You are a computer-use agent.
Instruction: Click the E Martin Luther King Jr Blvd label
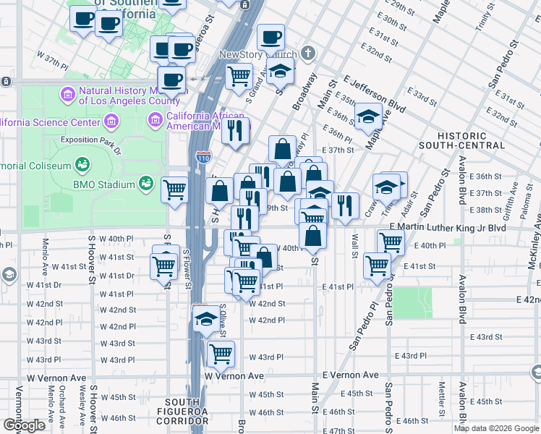[x=446, y=227]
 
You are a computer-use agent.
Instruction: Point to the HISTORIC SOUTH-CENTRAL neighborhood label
[x=462, y=140]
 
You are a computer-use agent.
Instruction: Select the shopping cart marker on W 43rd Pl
[x=221, y=353]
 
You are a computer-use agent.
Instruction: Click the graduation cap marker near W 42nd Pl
[x=206, y=317]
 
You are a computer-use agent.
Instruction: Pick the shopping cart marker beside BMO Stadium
[x=175, y=190]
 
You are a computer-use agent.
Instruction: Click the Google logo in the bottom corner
[x=24, y=425]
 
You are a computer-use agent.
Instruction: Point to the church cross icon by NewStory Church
[x=309, y=54]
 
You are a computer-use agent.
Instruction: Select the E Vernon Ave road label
[x=350, y=375]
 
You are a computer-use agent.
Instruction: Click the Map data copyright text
[x=496, y=428]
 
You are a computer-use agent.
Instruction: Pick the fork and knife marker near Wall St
[x=346, y=205]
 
